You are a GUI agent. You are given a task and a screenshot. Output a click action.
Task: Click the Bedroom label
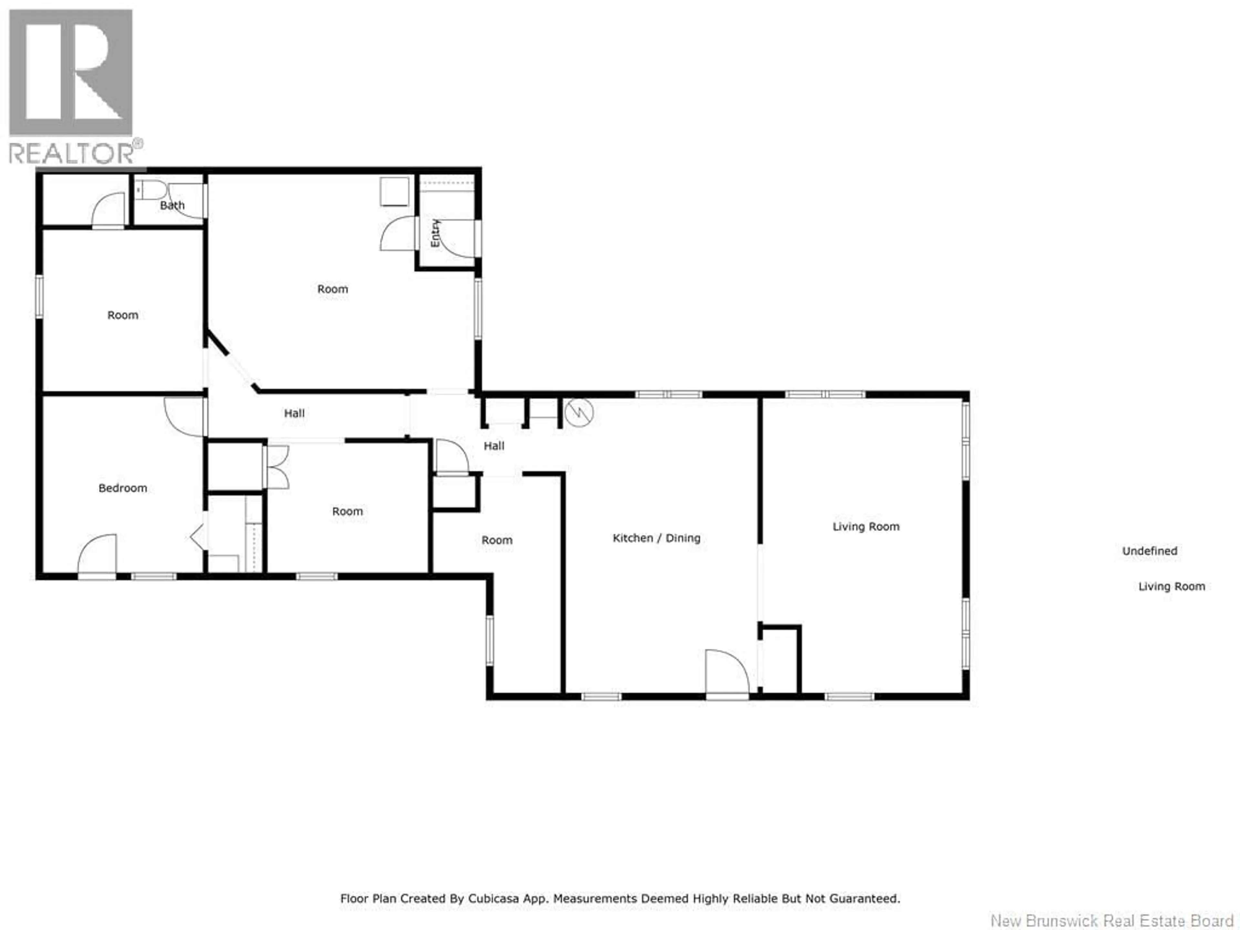(x=123, y=488)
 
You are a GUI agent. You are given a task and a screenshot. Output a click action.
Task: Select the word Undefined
(x=1149, y=551)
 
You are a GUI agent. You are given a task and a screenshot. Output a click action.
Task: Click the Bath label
(x=172, y=206)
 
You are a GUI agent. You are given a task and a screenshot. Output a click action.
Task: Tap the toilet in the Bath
(x=150, y=190)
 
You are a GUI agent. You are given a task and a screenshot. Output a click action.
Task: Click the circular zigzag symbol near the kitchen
(x=579, y=413)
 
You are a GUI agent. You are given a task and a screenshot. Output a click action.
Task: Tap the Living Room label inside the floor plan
(x=865, y=527)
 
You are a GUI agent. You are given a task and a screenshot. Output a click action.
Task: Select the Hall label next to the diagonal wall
(x=294, y=414)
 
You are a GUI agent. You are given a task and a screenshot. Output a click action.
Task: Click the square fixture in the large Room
(x=394, y=192)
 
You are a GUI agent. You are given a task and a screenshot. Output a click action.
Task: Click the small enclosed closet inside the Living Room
(x=780, y=659)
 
